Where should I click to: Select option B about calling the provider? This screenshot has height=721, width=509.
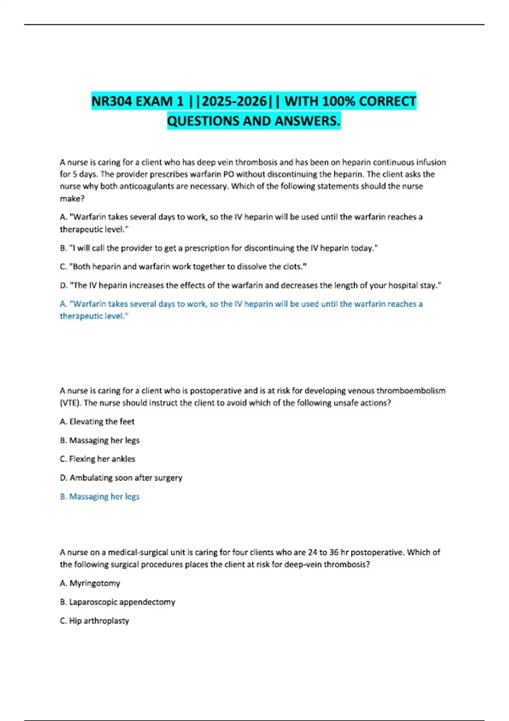tap(218, 248)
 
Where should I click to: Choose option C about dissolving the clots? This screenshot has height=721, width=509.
tap(183, 267)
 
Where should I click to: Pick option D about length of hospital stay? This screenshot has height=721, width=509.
tap(250, 285)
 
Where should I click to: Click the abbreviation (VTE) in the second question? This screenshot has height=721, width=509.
tap(70, 403)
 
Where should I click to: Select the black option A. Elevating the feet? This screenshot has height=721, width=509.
tap(97, 422)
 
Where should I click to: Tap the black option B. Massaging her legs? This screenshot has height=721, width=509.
tap(100, 440)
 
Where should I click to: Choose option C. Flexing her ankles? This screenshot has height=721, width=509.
tap(98, 459)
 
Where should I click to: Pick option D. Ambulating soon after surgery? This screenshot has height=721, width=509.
tap(121, 478)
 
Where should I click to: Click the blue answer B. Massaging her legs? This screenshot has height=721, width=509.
tap(100, 496)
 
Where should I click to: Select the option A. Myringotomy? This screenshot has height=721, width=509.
tap(90, 583)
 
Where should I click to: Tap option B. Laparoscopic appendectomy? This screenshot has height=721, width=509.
tap(117, 602)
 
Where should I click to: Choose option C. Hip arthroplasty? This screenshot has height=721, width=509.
tap(94, 620)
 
